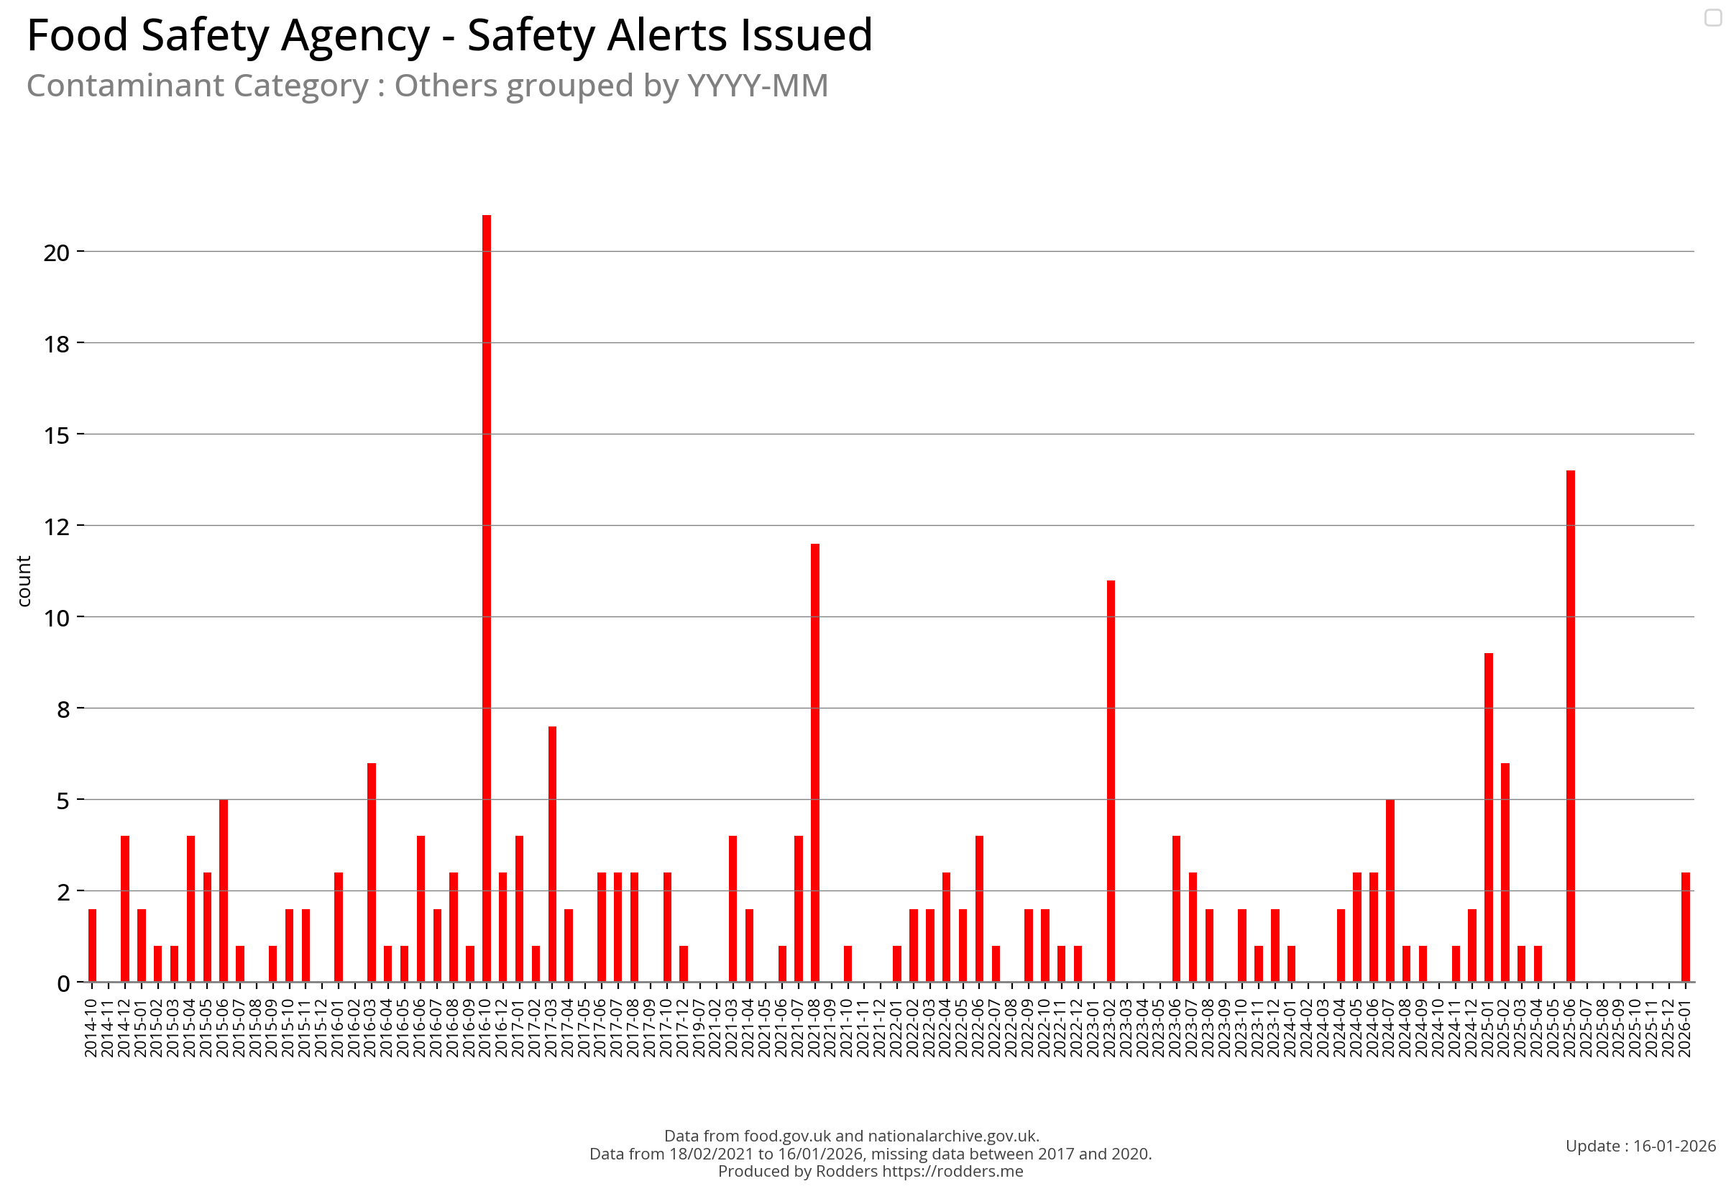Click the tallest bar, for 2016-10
coord(486,598)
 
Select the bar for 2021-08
coord(814,763)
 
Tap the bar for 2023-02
coord(1111,782)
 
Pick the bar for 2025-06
coord(1570,726)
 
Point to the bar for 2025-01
coord(1488,818)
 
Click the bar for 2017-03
coord(552,855)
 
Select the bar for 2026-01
coord(1686,928)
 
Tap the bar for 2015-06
coord(223,890)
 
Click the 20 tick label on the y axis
coord(56,253)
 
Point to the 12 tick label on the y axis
coord(56,527)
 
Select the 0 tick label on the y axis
coord(63,984)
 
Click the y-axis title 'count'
coord(24,581)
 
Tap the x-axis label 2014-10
coord(91,1029)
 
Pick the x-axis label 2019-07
coord(699,1029)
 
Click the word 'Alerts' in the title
coord(668,35)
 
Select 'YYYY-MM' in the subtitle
coord(758,86)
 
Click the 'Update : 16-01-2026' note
coord(1640,1146)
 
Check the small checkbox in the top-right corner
coord(1713,17)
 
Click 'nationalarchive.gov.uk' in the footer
coord(952,1136)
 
